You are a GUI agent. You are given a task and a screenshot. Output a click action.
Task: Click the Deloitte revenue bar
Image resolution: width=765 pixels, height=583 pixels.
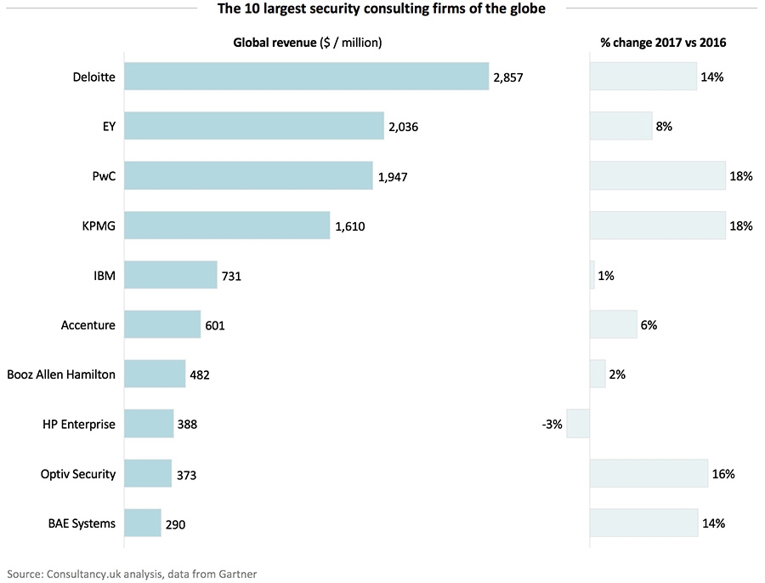pos(307,77)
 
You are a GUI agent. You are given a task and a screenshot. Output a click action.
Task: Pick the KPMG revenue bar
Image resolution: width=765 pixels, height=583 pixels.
pos(227,226)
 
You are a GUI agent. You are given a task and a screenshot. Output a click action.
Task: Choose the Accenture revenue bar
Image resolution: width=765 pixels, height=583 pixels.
pos(163,325)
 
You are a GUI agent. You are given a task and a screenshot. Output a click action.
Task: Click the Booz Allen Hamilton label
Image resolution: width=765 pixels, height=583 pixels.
pos(61,374)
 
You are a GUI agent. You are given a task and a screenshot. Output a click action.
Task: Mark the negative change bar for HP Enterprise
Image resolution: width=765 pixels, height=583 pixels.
pos(578,424)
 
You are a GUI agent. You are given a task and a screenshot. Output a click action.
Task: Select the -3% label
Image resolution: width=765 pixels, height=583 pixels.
pos(552,424)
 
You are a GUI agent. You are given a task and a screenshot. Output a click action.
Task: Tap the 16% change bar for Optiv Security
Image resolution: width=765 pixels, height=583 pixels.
pos(649,473)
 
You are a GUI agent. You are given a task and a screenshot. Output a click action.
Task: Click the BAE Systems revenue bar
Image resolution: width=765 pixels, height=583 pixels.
pos(143,523)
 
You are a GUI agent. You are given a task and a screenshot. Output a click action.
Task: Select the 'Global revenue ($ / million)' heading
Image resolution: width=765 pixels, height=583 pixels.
pos(308,43)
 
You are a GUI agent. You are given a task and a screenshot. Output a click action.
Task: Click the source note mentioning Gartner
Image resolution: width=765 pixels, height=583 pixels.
pos(132,574)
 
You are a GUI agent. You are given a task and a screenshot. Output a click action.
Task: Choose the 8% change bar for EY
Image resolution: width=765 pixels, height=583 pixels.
pos(620,127)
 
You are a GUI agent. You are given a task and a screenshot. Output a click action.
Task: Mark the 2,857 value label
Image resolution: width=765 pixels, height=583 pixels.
pos(507,77)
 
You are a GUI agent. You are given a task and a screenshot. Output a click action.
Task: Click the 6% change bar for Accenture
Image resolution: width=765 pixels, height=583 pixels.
pos(613,325)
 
